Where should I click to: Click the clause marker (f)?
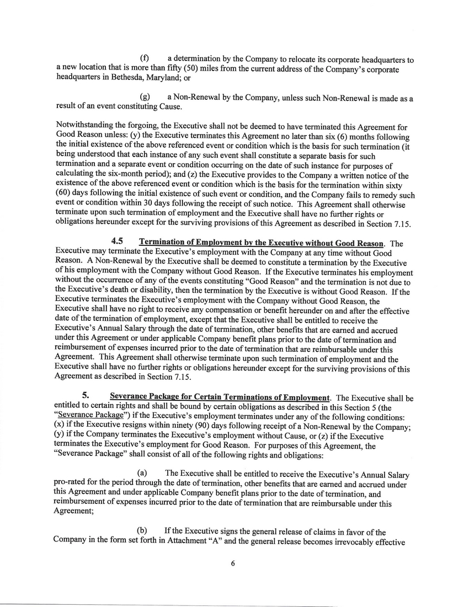[146, 59]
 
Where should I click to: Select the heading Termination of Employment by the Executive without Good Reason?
[261, 243]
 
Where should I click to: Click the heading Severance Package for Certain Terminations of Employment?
[220, 396]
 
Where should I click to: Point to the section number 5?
[86, 396]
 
